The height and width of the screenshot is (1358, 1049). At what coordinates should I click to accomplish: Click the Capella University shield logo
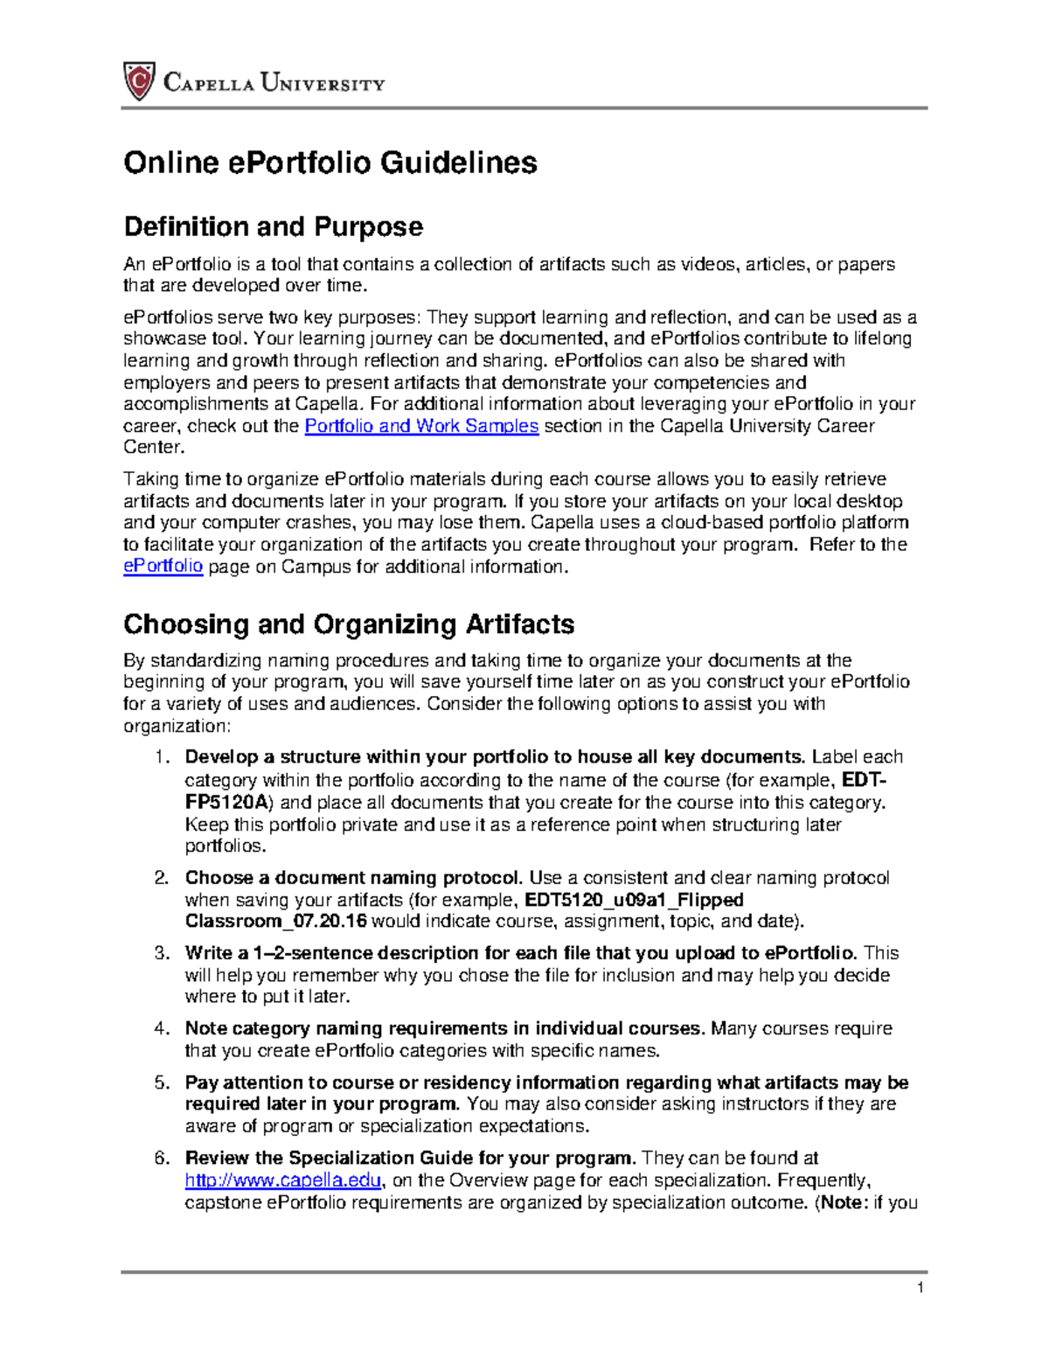[139, 81]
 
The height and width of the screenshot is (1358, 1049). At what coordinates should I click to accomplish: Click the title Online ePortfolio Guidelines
[330, 163]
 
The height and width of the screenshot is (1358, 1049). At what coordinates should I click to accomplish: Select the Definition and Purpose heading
[273, 226]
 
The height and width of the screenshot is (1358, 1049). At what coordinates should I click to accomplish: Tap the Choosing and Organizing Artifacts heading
[349, 623]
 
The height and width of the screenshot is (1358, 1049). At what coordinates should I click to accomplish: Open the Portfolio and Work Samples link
[421, 426]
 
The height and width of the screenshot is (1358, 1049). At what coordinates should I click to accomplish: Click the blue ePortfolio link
[163, 566]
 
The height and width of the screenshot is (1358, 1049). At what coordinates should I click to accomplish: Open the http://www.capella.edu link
[283, 1180]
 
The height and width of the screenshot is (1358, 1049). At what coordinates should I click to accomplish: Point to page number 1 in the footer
[920, 1287]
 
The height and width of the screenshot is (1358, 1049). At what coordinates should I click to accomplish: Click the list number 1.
[161, 757]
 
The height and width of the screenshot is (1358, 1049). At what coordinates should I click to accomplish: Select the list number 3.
[161, 953]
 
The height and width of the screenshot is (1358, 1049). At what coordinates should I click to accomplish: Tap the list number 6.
[161, 1159]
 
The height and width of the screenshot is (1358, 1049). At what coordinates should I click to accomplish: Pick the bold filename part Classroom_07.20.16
[276, 922]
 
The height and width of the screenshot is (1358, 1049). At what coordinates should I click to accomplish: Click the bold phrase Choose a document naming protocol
[354, 878]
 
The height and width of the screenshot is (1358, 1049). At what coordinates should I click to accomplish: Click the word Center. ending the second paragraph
[154, 447]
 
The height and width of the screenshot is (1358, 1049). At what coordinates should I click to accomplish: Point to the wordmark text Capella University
[274, 84]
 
